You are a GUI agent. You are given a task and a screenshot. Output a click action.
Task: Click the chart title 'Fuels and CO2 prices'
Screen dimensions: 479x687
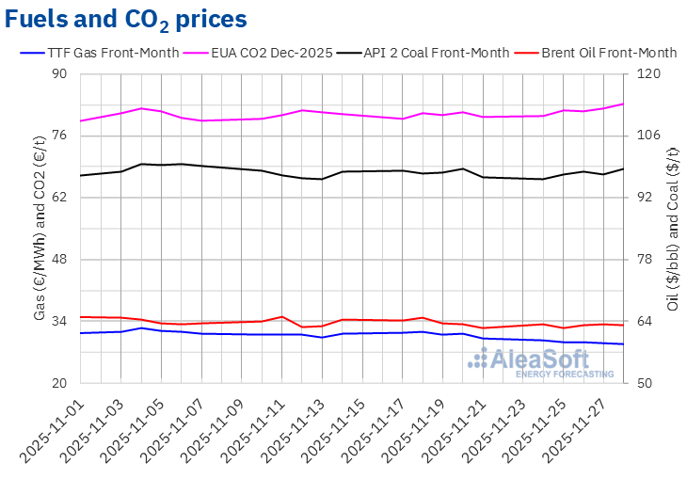click(x=127, y=19)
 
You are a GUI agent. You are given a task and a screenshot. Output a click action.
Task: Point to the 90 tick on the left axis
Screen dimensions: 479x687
click(x=59, y=74)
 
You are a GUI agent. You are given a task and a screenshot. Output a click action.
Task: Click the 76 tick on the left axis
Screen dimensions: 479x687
click(x=59, y=136)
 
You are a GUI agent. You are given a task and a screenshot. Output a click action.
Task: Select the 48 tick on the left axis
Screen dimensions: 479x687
click(x=59, y=260)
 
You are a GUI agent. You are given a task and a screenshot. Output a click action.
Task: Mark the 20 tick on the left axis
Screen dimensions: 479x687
click(x=59, y=384)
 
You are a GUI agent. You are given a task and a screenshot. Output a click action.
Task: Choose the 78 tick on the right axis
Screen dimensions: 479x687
click(x=647, y=260)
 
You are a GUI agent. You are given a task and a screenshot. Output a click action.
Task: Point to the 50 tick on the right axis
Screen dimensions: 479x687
click(x=647, y=384)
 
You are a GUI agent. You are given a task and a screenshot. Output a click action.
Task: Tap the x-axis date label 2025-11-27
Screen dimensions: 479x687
click(x=578, y=428)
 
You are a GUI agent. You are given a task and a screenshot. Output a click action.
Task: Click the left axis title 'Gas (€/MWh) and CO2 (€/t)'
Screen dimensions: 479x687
click(x=40, y=228)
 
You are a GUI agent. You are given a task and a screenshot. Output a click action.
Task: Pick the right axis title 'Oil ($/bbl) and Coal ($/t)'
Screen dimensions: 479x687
click(x=673, y=228)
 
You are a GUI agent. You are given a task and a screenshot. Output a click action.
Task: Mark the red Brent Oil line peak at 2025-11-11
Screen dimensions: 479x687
click(x=282, y=316)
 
